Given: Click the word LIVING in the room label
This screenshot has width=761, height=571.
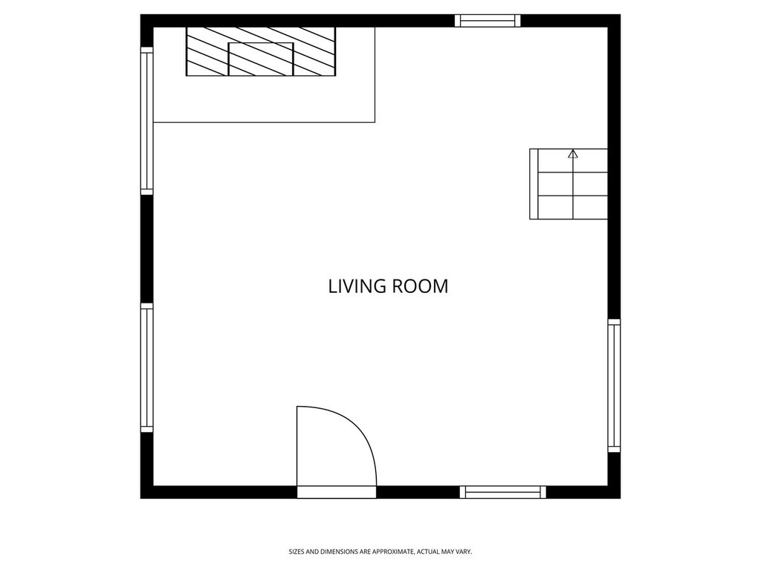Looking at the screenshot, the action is pos(357,286).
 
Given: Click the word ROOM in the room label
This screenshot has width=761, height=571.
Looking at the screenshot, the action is pos(420,286).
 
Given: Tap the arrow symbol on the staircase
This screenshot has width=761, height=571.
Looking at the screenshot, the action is pos(573,154).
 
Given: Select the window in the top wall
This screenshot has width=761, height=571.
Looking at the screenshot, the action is pos(488,20).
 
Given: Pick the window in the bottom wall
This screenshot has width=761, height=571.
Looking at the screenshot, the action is pos(503,492).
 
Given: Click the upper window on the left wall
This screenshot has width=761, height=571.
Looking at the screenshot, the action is pos(146,121).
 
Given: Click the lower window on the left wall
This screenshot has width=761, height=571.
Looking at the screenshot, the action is pos(146,367).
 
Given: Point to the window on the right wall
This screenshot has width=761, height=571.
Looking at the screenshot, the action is pos(614,386).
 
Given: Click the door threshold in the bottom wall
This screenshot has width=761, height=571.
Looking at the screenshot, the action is pos(337,492).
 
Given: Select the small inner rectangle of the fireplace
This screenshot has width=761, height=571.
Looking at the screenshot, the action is pos(261,59).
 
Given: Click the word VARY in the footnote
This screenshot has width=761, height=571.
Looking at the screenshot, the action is pos(464,552).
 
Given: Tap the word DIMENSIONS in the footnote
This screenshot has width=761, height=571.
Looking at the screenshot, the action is pos(335,552).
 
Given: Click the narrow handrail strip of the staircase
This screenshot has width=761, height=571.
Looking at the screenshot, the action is pos(534,184).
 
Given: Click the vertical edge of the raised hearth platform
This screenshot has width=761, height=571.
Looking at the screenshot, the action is pos(375,74).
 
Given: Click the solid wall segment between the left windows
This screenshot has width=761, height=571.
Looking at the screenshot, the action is pos(146,249).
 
